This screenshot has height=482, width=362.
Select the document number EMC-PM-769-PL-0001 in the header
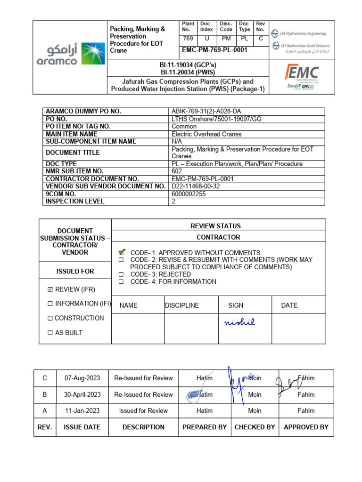tap(214, 50)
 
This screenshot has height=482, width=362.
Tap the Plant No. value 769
tap(188, 39)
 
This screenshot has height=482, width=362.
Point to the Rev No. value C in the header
tap(261, 39)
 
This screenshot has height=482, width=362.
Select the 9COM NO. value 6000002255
tap(189, 194)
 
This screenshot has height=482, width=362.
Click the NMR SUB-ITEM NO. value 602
tap(177, 171)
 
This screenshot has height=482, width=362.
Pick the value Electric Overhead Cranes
tap(206, 134)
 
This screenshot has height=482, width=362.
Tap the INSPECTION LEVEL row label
tap(75, 201)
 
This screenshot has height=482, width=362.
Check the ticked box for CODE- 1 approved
tap(122, 252)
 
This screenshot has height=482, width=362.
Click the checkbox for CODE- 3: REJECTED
tap(121, 274)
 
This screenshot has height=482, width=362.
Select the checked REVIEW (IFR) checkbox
tap(50, 289)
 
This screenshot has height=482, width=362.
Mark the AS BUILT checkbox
tap(50, 333)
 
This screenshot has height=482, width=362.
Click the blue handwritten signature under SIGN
tap(239, 322)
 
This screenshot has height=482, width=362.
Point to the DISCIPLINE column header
tap(182, 305)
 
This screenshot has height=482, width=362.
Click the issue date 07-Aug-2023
tap(82, 378)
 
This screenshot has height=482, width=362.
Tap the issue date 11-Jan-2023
tap(82, 410)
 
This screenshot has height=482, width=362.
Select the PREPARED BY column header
tap(204, 427)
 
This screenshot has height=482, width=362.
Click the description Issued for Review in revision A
tap(143, 410)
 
